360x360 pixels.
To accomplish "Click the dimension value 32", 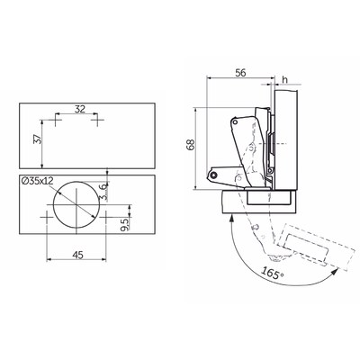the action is click(80, 109).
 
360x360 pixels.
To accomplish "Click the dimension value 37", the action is click(37, 139).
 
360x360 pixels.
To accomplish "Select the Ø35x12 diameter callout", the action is click(38, 181).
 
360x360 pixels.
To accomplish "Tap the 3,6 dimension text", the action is click(103, 192).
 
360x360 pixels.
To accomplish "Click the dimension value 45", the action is click(77, 255).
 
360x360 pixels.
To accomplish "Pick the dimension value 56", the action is click(240, 73).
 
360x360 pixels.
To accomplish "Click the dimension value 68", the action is click(191, 145).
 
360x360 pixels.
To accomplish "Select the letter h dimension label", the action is click(285, 79).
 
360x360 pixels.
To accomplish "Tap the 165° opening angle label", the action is click(273, 273).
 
